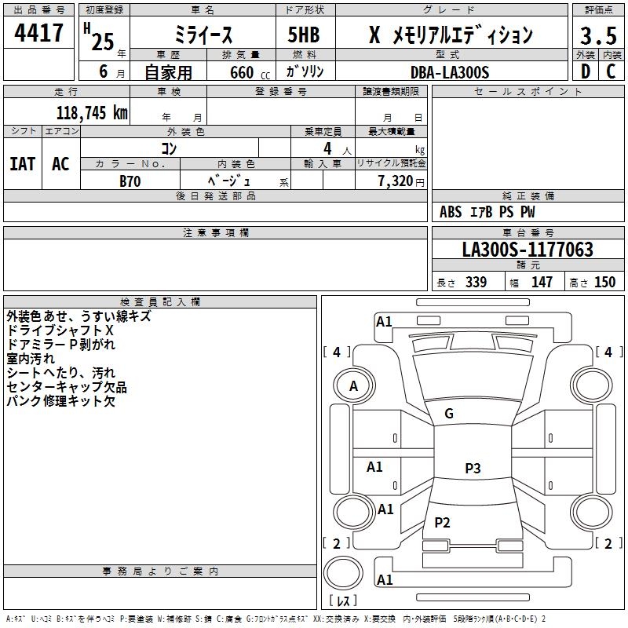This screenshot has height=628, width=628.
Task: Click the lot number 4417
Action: tap(38, 33)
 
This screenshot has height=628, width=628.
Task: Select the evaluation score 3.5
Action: tap(598, 36)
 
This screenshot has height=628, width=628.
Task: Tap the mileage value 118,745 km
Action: tap(92, 113)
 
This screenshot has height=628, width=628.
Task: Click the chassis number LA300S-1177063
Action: tap(528, 250)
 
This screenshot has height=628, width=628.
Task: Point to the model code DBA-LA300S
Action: tap(450, 72)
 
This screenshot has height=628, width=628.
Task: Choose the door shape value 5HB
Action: tap(304, 35)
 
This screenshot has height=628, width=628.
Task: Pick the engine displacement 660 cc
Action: tap(250, 73)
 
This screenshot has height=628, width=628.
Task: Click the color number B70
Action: tap(130, 181)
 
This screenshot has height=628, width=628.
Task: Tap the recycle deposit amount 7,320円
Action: tap(401, 181)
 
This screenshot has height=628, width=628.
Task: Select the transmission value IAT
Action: tap(22, 164)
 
